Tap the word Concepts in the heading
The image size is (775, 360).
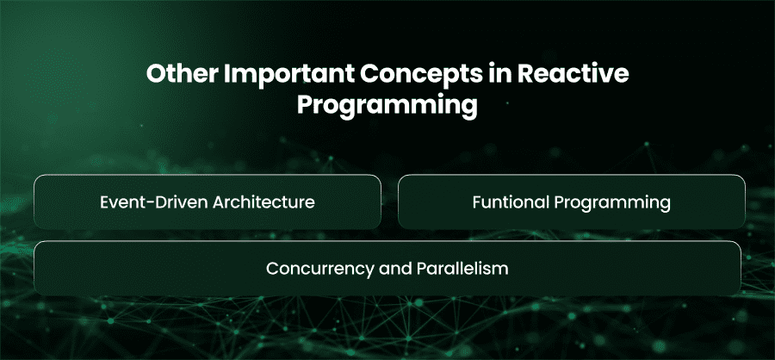click(415, 75)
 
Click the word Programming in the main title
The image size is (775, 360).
click(387, 106)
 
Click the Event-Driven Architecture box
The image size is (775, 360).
click(207, 202)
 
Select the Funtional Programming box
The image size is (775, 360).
click(572, 202)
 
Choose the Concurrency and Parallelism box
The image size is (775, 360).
click(387, 269)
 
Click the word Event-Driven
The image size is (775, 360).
click(153, 202)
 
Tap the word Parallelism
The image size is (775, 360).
click(462, 269)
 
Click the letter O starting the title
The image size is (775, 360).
click(156, 75)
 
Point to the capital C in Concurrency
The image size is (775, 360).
click(272, 269)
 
